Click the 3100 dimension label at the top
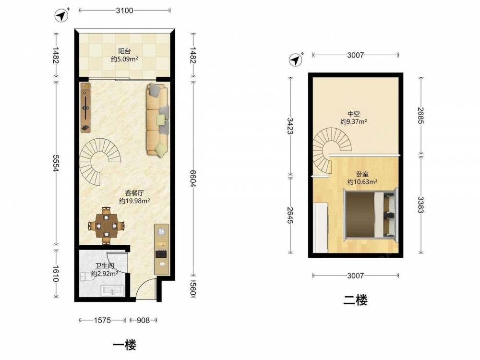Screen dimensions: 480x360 point(125,11)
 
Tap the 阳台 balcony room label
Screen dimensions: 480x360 point(125,51)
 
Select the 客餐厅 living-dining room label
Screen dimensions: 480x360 point(134,193)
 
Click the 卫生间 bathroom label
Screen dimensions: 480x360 point(105,266)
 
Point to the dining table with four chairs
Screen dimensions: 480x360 point(106,226)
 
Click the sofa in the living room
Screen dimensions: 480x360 point(157,120)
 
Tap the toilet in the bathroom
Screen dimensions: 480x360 point(86,277)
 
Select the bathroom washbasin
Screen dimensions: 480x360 point(113,290)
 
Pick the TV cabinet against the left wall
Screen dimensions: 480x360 point(86,107)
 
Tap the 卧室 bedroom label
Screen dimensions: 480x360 point(362,174)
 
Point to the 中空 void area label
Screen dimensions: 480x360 point(354,114)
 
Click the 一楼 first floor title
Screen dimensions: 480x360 point(125,345)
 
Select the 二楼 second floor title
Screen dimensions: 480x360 point(355,300)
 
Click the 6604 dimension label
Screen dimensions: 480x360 point(193,179)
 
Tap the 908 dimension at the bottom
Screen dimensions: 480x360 point(143,320)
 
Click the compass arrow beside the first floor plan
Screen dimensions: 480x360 point(62,15)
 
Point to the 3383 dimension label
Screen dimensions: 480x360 point(421,204)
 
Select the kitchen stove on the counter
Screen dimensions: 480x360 point(161,254)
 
